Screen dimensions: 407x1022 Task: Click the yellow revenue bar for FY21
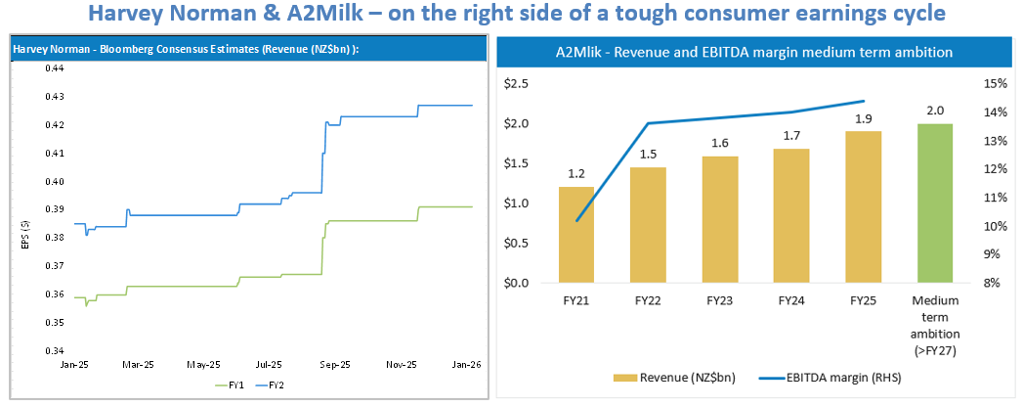coord(576,235)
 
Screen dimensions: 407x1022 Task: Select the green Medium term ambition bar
coord(934,203)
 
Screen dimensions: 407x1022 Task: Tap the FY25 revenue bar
coord(863,206)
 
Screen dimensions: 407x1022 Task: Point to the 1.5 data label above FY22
coord(648,155)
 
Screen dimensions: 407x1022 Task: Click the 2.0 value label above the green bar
coord(934,112)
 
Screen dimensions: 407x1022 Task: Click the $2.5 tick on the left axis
coord(515,84)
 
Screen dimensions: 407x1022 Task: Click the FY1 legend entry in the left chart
coord(232,384)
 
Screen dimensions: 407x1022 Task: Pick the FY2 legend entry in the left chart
coord(277,384)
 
